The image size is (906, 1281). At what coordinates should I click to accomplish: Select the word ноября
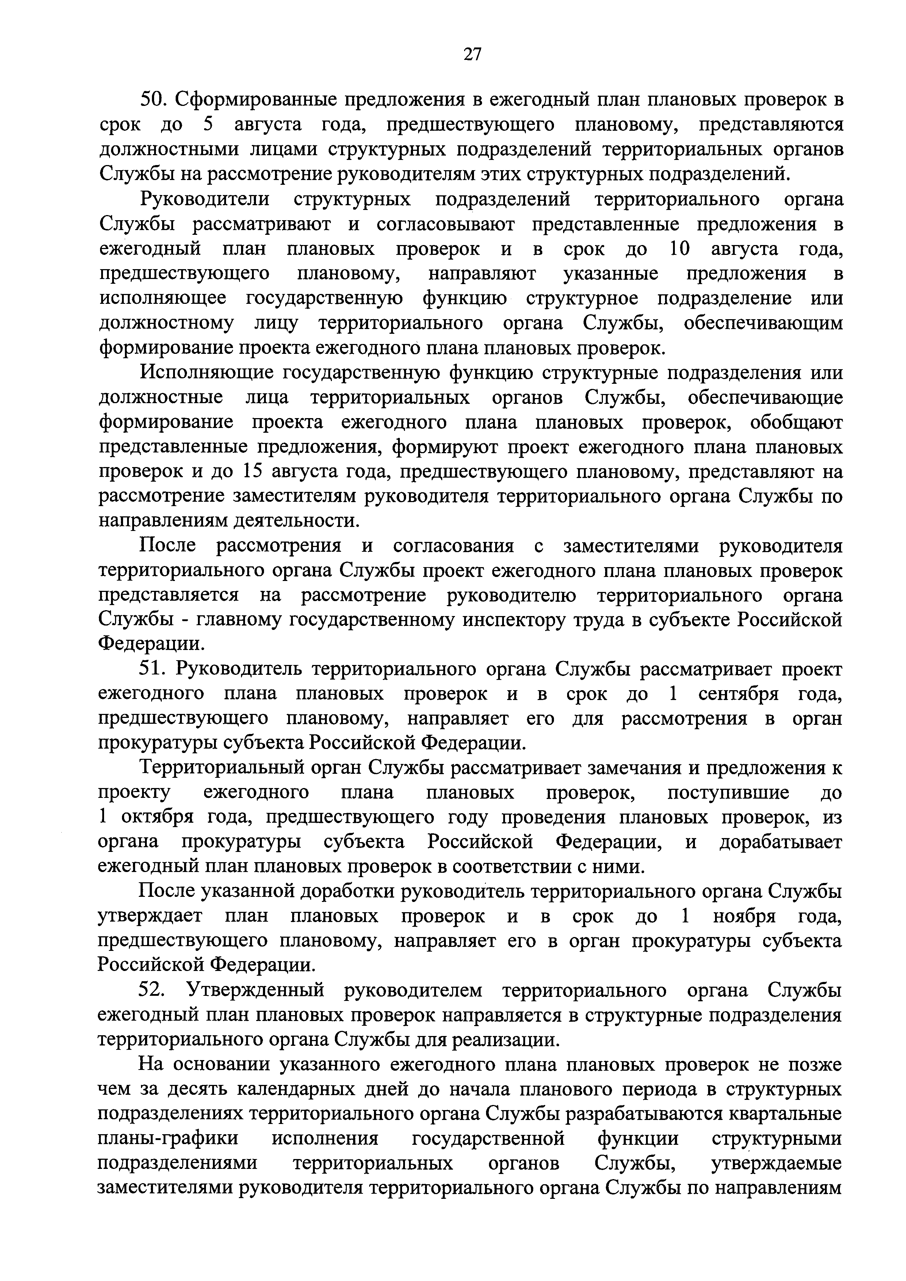click(745, 916)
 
